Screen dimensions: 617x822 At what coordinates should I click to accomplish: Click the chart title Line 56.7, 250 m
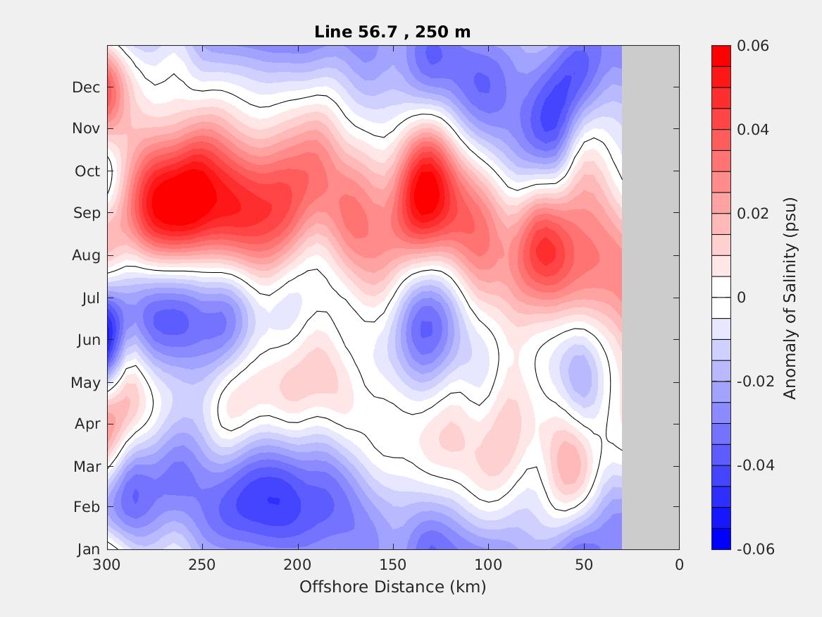coord(392,32)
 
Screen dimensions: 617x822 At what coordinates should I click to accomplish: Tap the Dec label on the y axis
coord(86,87)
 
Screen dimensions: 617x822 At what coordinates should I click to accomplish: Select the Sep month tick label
coord(87,213)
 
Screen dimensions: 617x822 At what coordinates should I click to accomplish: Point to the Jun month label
coord(88,340)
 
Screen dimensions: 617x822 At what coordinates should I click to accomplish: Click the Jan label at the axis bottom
coord(88,550)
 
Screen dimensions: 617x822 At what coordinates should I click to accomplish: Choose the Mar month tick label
coord(87,466)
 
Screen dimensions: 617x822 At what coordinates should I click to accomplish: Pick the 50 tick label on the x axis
coord(584,565)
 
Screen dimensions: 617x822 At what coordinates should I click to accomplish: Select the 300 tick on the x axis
coord(107,565)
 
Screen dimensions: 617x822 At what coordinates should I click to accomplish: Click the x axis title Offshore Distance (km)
coord(392,587)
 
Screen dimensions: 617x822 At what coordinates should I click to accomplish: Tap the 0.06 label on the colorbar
coord(752,46)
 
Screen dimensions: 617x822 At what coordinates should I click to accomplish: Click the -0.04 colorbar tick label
coord(755,465)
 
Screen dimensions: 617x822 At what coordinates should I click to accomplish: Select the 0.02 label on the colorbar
coord(752,214)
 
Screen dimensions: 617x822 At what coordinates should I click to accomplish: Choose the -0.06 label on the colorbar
coord(755,549)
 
